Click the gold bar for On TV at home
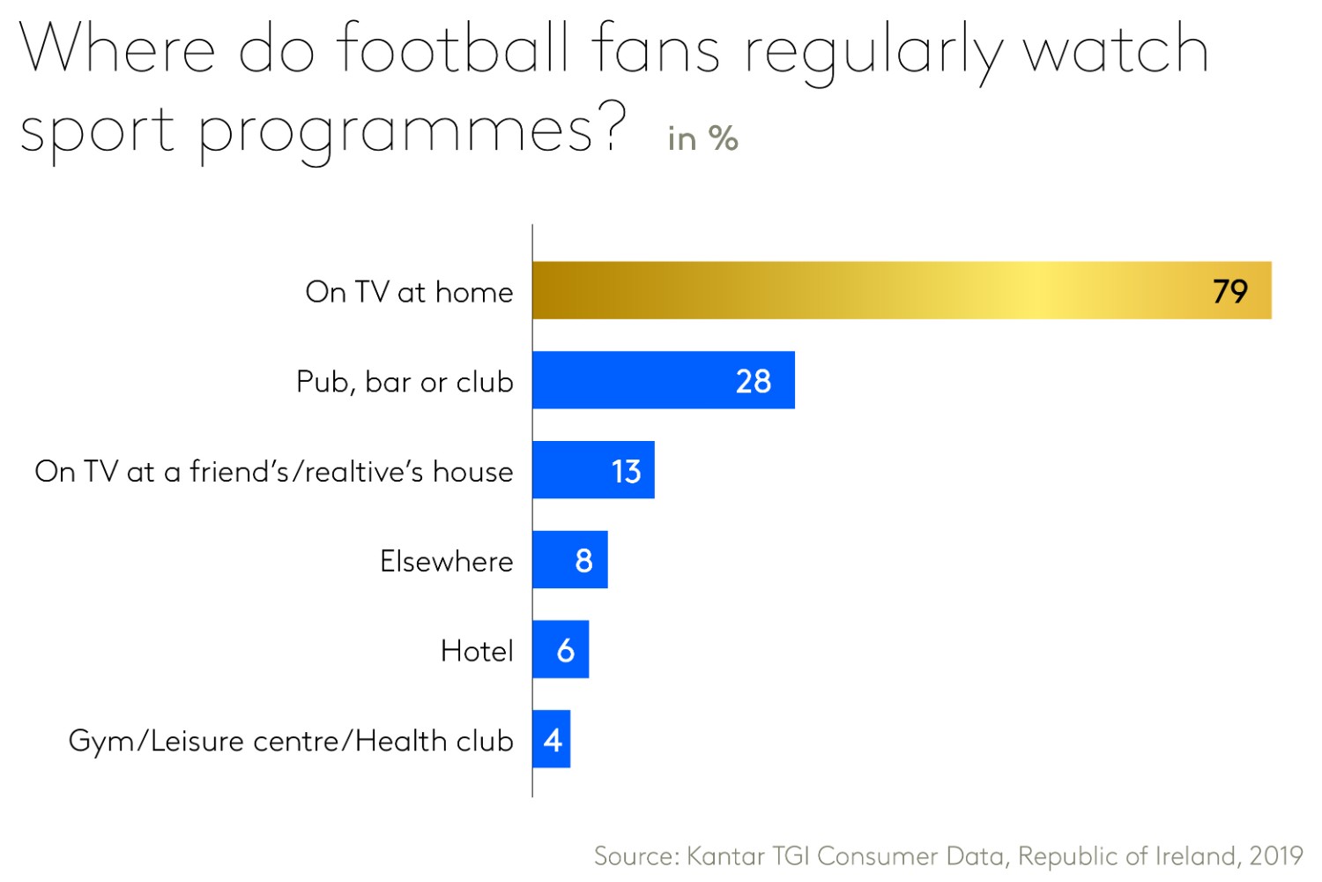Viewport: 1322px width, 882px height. (881, 290)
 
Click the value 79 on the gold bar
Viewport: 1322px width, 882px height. (1230, 291)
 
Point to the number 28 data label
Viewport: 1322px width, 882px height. (754, 381)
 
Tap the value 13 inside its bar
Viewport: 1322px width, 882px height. (626, 471)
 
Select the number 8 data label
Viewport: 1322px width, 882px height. (583, 560)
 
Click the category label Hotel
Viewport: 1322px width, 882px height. (477, 651)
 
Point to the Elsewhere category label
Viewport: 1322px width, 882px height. (446, 561)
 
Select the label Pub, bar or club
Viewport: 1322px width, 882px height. (405, 382)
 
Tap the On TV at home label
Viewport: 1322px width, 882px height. (409, 292)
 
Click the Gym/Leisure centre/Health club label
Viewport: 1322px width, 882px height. (291, 741)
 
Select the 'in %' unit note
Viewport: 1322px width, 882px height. (702, 138)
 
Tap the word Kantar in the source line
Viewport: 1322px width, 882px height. (725, 856)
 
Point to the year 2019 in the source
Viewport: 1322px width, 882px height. (1276, 856)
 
